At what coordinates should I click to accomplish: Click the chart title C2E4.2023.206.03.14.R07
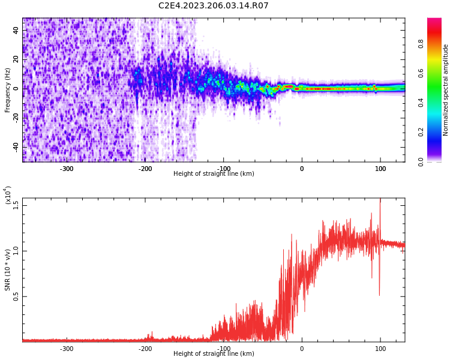[213, 6]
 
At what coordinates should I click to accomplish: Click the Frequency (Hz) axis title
[8, 90]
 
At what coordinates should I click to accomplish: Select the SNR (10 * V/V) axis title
[8, 270]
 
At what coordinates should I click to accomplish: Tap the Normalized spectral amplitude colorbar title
[446, 90]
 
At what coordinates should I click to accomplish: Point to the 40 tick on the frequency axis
[16, 30]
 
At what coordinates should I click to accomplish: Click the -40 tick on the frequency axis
[16, 147]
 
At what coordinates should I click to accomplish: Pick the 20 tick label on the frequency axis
[16, 59]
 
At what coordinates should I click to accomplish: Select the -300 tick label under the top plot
[67, 169]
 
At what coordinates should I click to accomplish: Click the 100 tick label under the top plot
[380, 169]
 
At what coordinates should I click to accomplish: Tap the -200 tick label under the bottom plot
[145, 349]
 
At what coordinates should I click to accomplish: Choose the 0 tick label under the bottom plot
[302, 349]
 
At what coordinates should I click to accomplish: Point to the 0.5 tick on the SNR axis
[16, 296]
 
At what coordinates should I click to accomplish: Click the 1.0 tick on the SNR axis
[16, 250]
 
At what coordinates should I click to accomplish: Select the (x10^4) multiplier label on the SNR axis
[8, 196]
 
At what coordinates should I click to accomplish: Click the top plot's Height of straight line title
[213, 174]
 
